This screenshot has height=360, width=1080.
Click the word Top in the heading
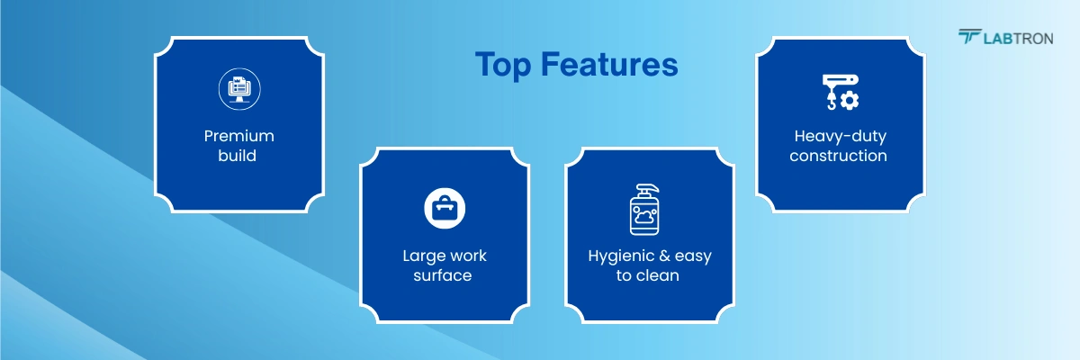(x=504, y=65)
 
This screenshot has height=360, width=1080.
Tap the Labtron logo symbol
(x=969, y=37)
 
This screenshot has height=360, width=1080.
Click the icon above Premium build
(x=238, y=89)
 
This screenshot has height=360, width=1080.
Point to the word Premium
(x=238, y=137)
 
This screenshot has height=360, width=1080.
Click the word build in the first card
(x=238, y=156)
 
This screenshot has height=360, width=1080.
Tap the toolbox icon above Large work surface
(x=444, y=208)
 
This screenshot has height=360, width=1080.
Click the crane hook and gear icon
(x=840, y=92)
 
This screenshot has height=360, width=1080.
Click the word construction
(x=839, y=156)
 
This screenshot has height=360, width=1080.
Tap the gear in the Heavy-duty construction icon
(x=849, y=100)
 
